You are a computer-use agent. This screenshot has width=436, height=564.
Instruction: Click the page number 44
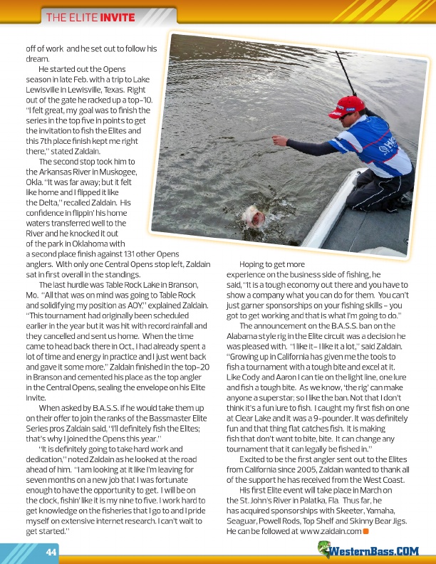(x=51, y=553)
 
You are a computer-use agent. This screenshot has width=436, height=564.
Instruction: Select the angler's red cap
(x=350, y=106)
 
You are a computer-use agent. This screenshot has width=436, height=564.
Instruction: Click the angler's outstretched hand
(x=279, y=142)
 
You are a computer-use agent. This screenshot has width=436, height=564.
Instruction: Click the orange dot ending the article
(x=365, y=532)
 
